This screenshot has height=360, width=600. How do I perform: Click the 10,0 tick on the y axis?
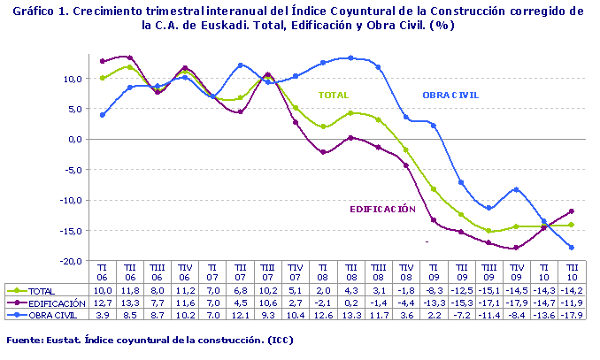tap(72, 78)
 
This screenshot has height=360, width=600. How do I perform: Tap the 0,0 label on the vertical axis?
tap(74, 139)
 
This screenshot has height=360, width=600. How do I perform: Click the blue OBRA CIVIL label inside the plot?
tap(450, 95)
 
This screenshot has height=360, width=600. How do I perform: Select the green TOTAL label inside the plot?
tap(334, 95)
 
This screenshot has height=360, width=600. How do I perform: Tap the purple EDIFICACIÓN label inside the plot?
tap(382, 209)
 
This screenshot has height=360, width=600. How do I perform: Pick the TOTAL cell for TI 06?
tap(103, 290)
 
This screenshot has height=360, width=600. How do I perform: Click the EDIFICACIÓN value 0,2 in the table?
tap(351, 302)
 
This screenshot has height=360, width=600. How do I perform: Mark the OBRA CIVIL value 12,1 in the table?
tap(241, 313)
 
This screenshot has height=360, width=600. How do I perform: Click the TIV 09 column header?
tap(516, 271)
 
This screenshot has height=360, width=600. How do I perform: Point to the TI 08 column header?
tap(324, 271)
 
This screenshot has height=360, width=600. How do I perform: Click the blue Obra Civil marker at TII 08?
tap(351, 58)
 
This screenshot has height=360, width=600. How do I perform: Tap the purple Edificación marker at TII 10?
tap(571, 211)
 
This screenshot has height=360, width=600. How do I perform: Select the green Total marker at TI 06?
tap(103, 78)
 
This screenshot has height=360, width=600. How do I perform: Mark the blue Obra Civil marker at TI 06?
tap(103, 115)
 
